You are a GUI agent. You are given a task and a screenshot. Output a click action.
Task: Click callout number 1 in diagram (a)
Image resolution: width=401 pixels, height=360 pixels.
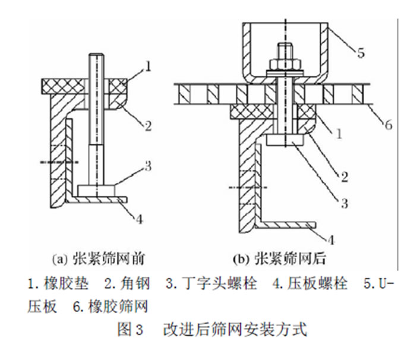[x=149, y=67]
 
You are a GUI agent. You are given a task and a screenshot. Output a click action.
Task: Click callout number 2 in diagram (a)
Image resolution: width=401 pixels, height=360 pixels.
[x=148, y=125]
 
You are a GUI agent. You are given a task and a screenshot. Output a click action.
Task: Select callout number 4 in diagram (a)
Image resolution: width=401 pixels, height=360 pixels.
[x=139, y=218]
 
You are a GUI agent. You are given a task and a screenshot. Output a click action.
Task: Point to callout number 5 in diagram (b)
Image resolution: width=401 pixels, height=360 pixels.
[x=361, y=52]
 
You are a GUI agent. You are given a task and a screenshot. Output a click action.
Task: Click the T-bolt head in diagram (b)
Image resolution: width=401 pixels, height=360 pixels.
[x=285, y=140]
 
